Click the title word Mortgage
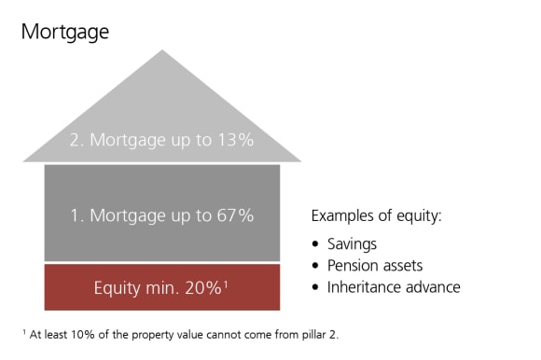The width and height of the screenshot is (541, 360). coord(65,32)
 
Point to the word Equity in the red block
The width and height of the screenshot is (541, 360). coord(117,287)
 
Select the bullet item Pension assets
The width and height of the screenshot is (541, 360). coord(375,265)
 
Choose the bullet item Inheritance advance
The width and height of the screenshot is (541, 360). coord(394,287)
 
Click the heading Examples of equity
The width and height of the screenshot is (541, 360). coord(376,216)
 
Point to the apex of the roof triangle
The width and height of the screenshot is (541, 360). coord(161,51)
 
